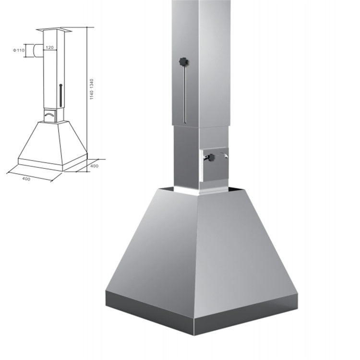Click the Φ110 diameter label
pyautogui.click(x=19, y=50)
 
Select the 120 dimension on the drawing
pyautogui.click(x=49, y=48)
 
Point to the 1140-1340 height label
pyautogui.click(x=92, y=89)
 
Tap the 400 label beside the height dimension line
pyautogui.click(x=94, y=166)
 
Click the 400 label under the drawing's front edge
pyautogui.click(x=26, y=179)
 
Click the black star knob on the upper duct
pyautogui.click(x=184, y=62)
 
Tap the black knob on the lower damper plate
pyautogui.click(x=211, y=157)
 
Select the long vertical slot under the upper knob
pyautogui.click(x=185, y=95)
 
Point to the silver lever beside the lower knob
pyautogui.click(x=224, y=155)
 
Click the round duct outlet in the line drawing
pyautogui.click(x=38, y=50)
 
